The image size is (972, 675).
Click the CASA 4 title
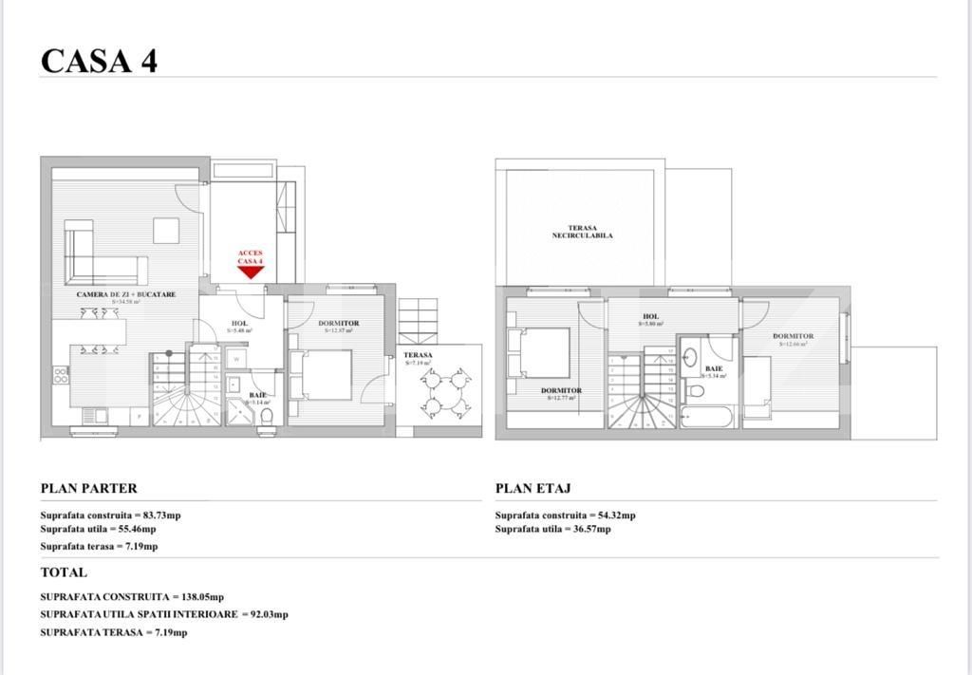click(x=99, y=61)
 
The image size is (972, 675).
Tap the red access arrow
click(x=251, y=272)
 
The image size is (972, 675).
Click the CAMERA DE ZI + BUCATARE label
click(x=126, y=295)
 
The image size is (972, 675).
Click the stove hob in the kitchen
click(x=61, y=375)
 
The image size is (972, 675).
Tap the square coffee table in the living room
click(x=166, y=231)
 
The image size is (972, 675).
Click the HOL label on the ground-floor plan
click(x=239, y=324)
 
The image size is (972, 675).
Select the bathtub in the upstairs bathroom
click(x=706, y=416)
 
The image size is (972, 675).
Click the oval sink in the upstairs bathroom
click(x=690, y=358)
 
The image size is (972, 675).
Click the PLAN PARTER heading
click(x=89, y=489)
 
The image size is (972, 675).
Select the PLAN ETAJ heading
click(x=533, y=489)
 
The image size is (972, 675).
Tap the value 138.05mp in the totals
click(x=202, y=597)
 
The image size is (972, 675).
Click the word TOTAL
click(x=64, y=572)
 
